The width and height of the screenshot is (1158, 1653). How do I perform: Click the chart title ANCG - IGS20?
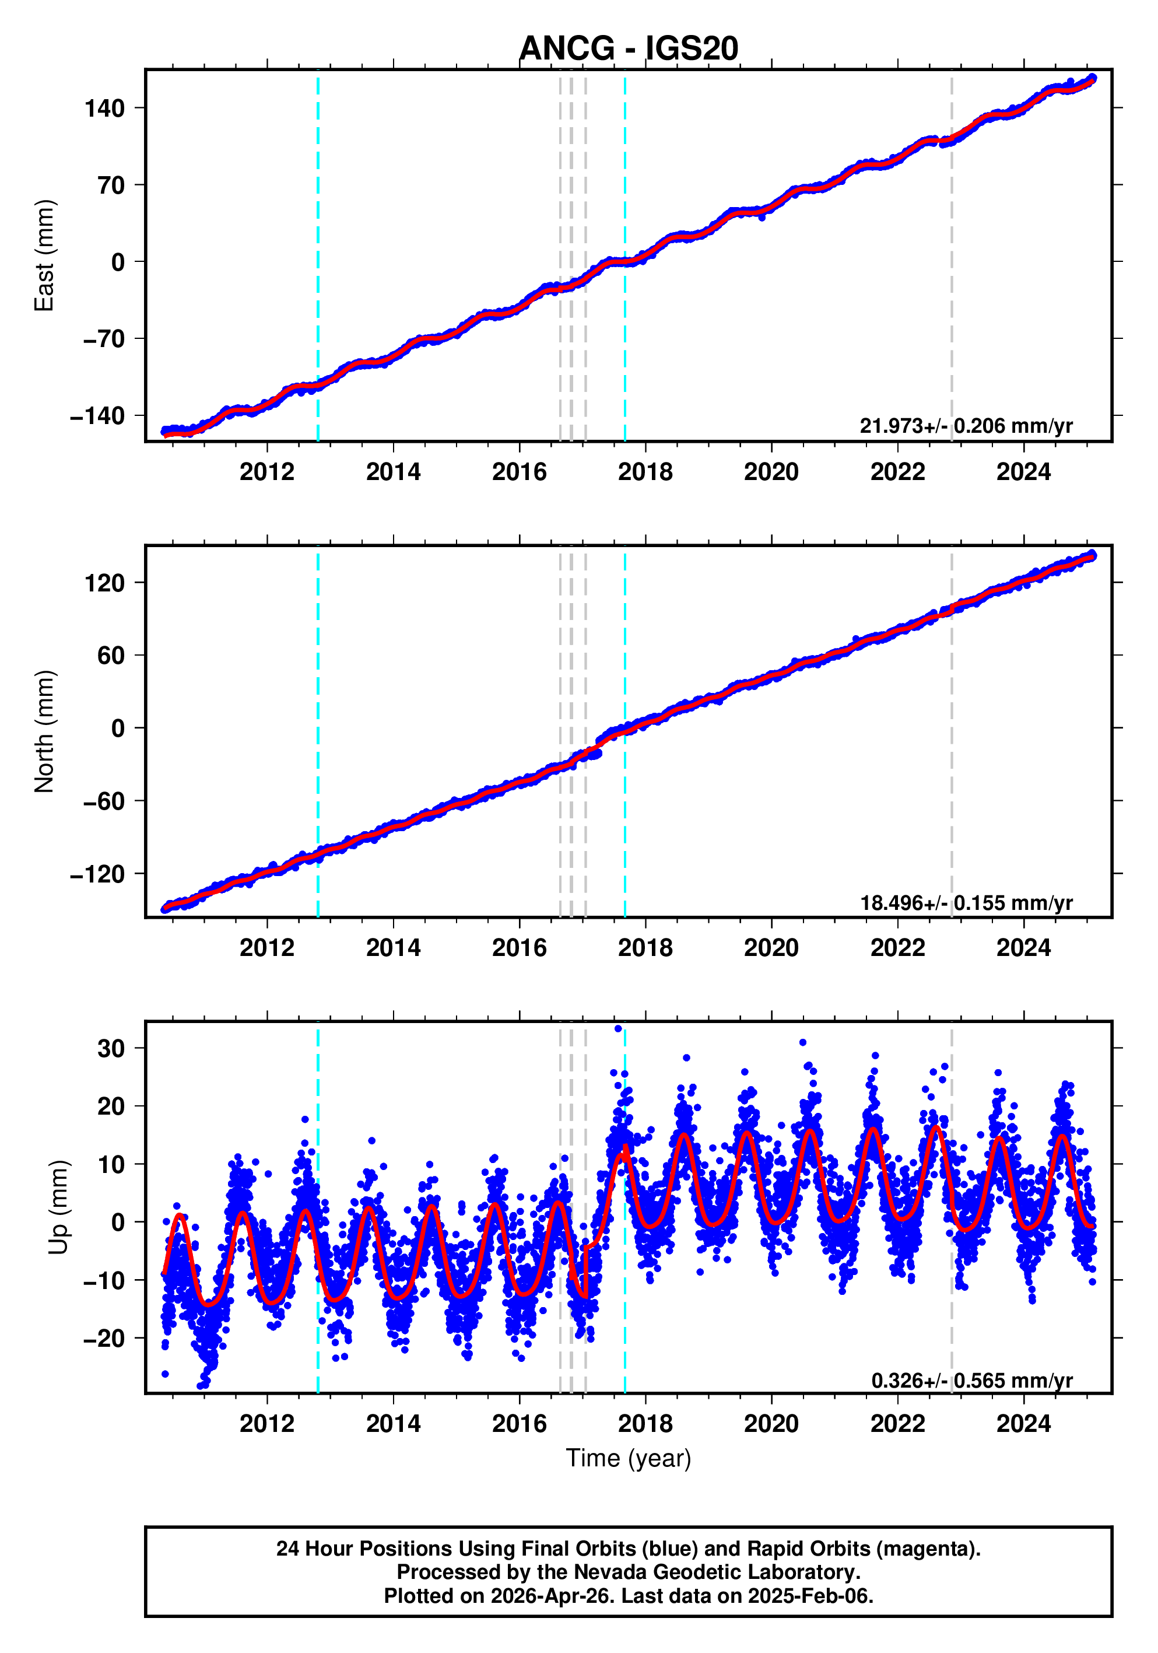click(629, 48)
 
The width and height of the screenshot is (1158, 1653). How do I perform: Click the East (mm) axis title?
click(45, 255)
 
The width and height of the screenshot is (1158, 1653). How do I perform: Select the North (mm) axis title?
click(45, 731)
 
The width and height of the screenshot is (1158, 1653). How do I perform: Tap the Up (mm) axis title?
click(59, 1207)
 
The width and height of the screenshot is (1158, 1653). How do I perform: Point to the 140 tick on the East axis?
click(104, 108)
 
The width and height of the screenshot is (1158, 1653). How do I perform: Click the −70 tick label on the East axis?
click(104, 339)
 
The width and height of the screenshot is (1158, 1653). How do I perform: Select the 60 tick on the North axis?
click(111, 656)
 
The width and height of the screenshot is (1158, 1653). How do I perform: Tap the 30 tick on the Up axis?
click(111, 1048)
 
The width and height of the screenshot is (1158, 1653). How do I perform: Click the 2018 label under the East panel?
click(645, 472)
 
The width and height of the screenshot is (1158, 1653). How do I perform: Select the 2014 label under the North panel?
click(393, 948)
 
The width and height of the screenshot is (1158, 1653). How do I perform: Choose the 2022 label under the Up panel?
click(897, 1424)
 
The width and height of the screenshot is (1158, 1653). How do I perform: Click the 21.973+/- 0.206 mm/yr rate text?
click(966, 426)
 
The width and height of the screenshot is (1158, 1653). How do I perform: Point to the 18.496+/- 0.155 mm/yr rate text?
click(966, 903)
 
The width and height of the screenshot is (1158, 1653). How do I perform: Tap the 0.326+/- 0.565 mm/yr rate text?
click(971, 1381)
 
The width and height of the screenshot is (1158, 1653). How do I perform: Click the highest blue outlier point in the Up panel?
click(617, 1029)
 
